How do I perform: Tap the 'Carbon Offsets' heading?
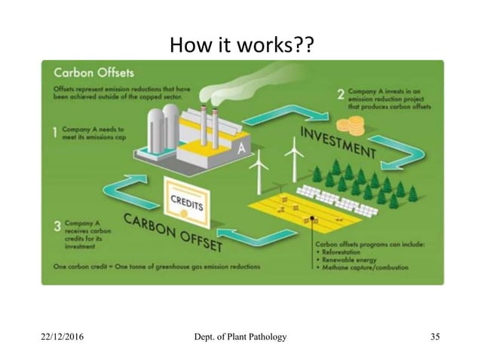[x=94, y=73]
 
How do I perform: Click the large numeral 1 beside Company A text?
[x=55, y=133]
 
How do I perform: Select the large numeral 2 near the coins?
[x=341, y=96]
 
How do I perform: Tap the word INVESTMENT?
[x=339, y=143]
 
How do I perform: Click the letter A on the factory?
[x=241, y=148]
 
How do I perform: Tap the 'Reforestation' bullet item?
[x=351, y=254]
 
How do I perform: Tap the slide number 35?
[x=434, y=336]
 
